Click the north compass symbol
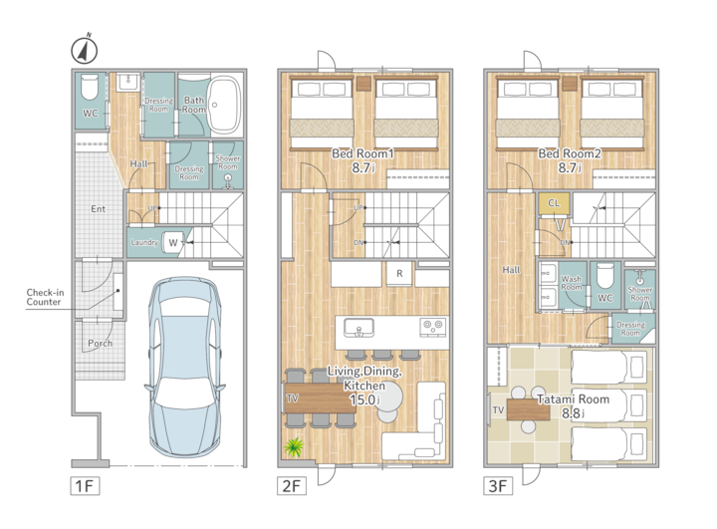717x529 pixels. coord(85,49)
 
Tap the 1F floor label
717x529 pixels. coord(85,485)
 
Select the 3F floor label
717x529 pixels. coord(498,485)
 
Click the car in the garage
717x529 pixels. coord(185,367)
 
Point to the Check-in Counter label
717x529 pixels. coord(45,297)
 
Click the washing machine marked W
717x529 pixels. coord(173,242)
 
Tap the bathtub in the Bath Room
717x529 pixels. coord(224,105)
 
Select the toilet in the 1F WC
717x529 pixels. coord(90,88)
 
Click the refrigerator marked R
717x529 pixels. coord(399,274)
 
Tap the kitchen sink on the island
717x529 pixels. coord(358,328)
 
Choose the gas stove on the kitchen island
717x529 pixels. coord(432,327)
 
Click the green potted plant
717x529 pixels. coord(294,447)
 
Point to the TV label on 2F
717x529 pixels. coord(292,398)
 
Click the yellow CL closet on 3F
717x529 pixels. coord(554,203)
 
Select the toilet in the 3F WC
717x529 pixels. coord(604,275)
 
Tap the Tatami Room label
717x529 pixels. coord(573,399)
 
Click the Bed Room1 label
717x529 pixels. coord(362,153)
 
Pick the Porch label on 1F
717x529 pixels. coord(101,344)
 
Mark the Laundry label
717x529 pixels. coord(144,242)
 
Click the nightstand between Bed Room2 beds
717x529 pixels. coord(570,84)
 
